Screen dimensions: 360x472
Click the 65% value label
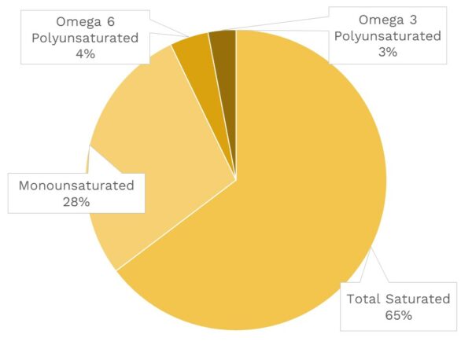pos(399,315)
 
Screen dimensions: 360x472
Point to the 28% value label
pos(76,202)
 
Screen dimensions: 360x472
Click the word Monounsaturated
pos(76,186)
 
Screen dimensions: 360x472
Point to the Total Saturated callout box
pos(399,307)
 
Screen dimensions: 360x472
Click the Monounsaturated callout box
pos(76,193)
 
